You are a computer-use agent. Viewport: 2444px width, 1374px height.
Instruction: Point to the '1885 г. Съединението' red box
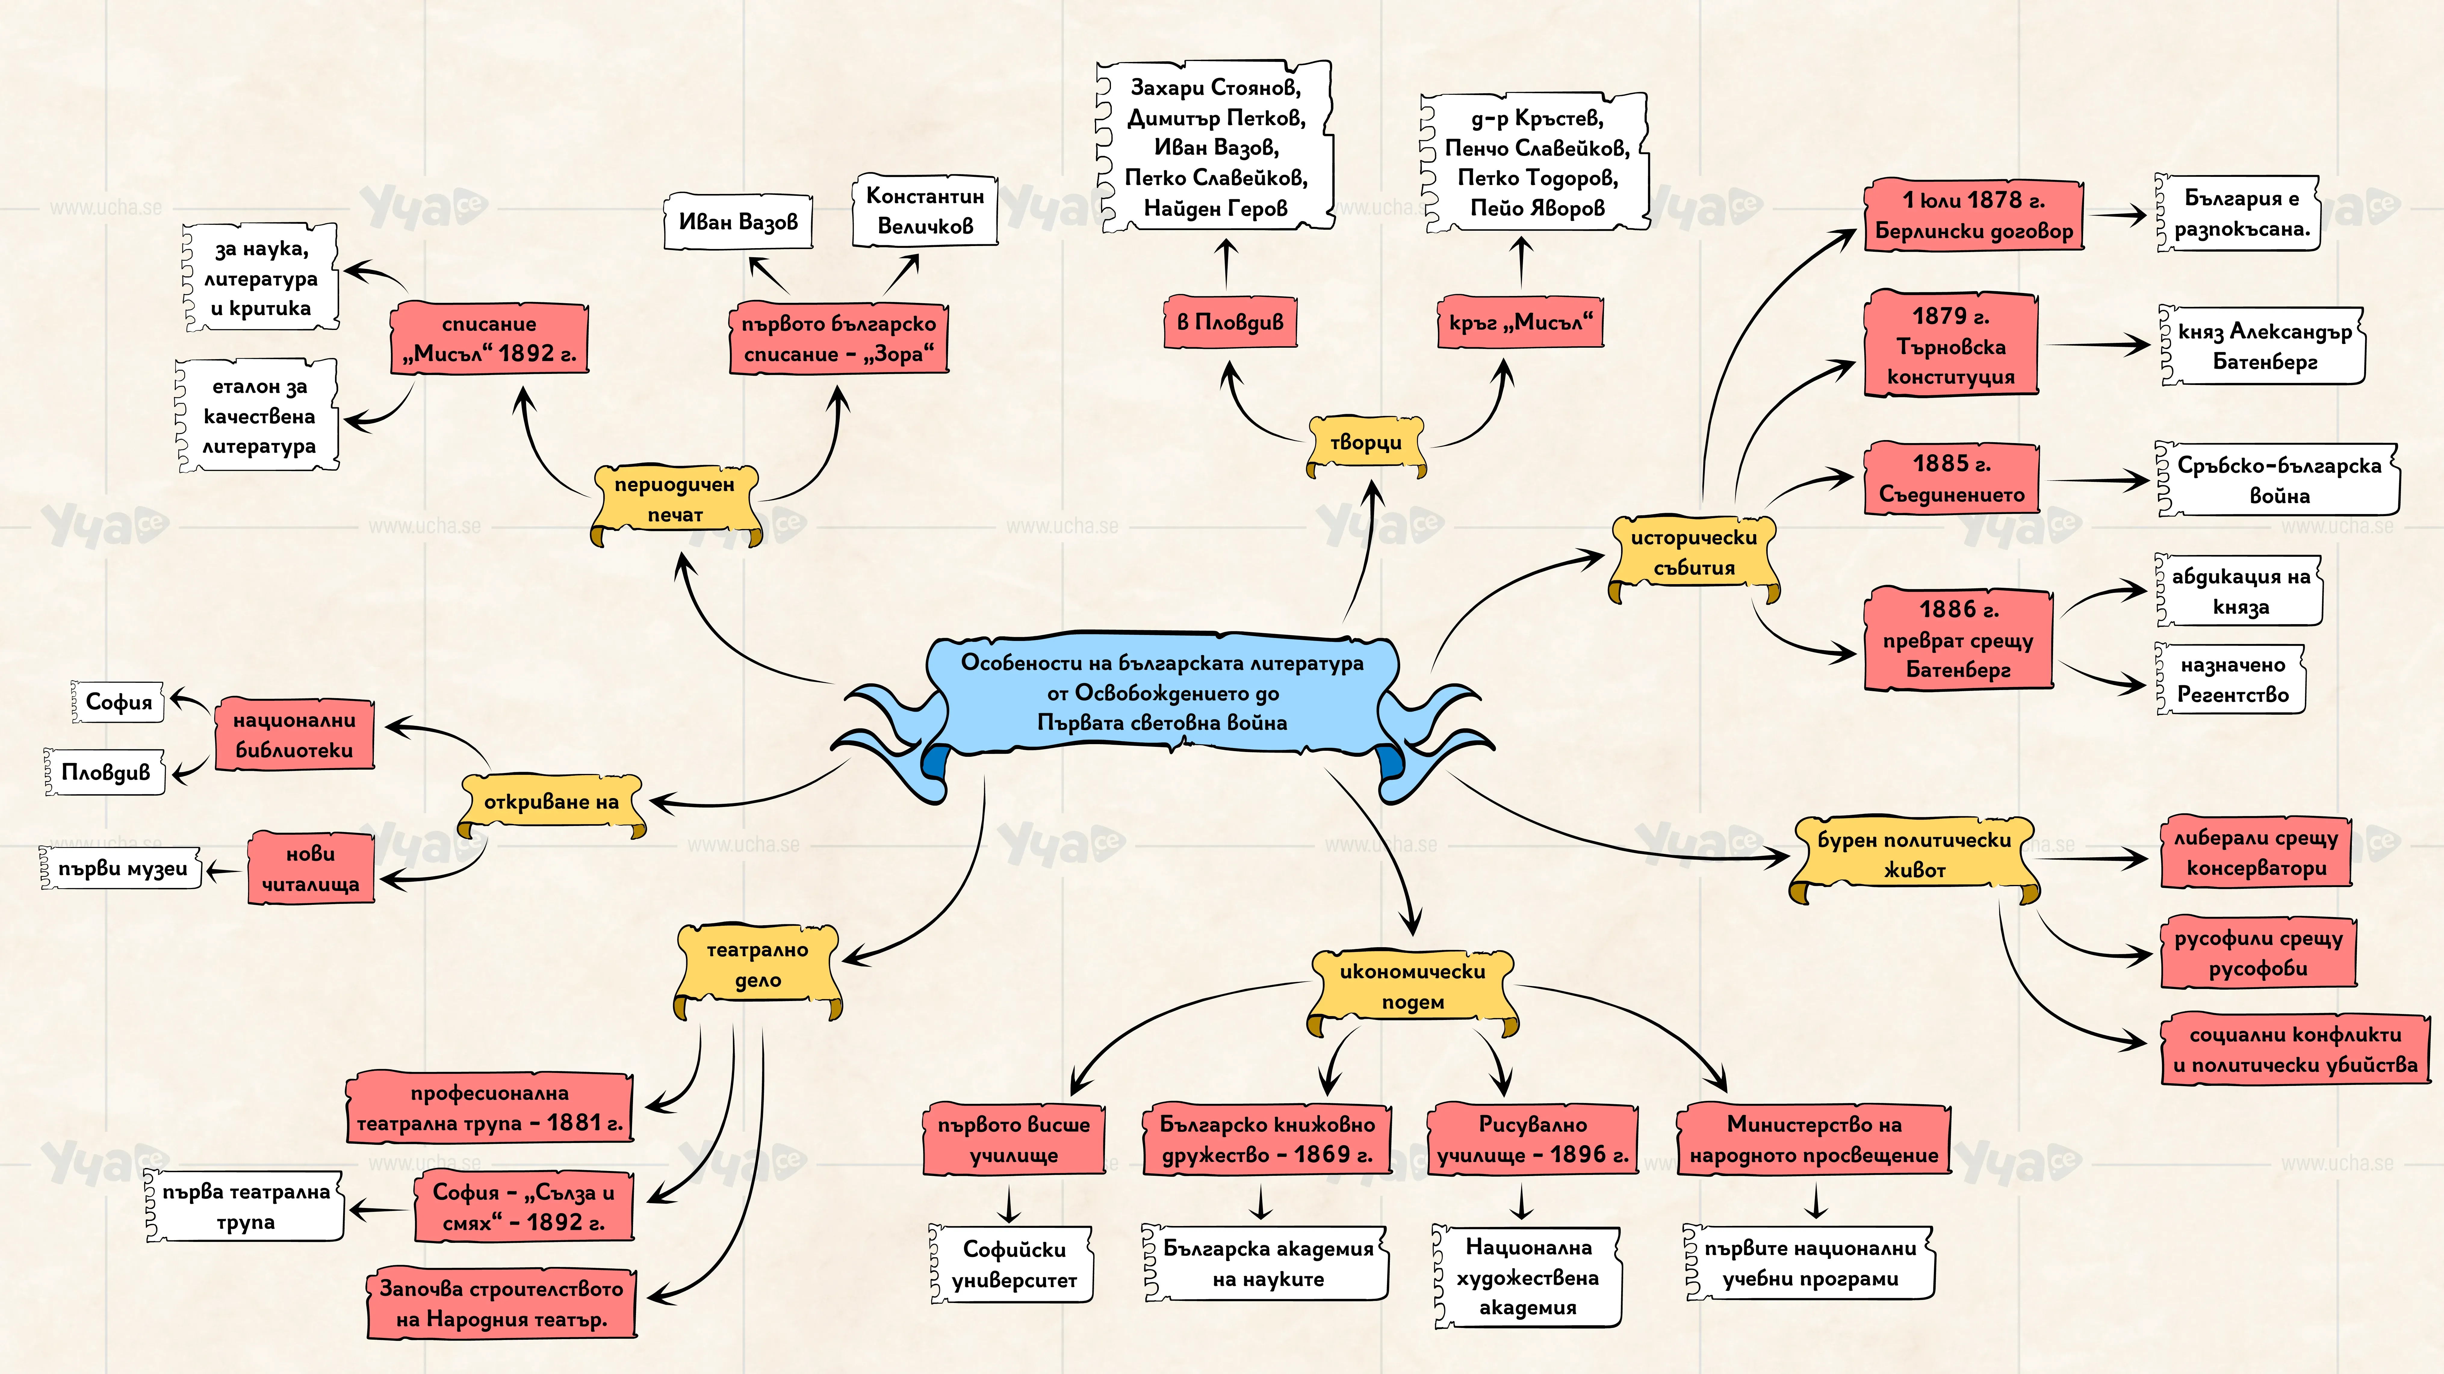tap(1952, 479)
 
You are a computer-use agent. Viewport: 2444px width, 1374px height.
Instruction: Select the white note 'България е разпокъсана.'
tap(2239, 213)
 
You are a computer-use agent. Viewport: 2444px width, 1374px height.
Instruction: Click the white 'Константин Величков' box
tap(925, 211)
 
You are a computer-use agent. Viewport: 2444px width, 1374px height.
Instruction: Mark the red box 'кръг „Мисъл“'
tap(1520, 322)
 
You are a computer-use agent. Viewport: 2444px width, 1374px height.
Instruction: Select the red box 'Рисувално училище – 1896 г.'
tap(1532, 1140)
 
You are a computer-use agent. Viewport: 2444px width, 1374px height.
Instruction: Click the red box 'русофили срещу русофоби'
tap(2258, 953)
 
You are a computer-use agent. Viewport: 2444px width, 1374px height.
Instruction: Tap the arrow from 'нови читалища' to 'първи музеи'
tap(224, 870)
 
